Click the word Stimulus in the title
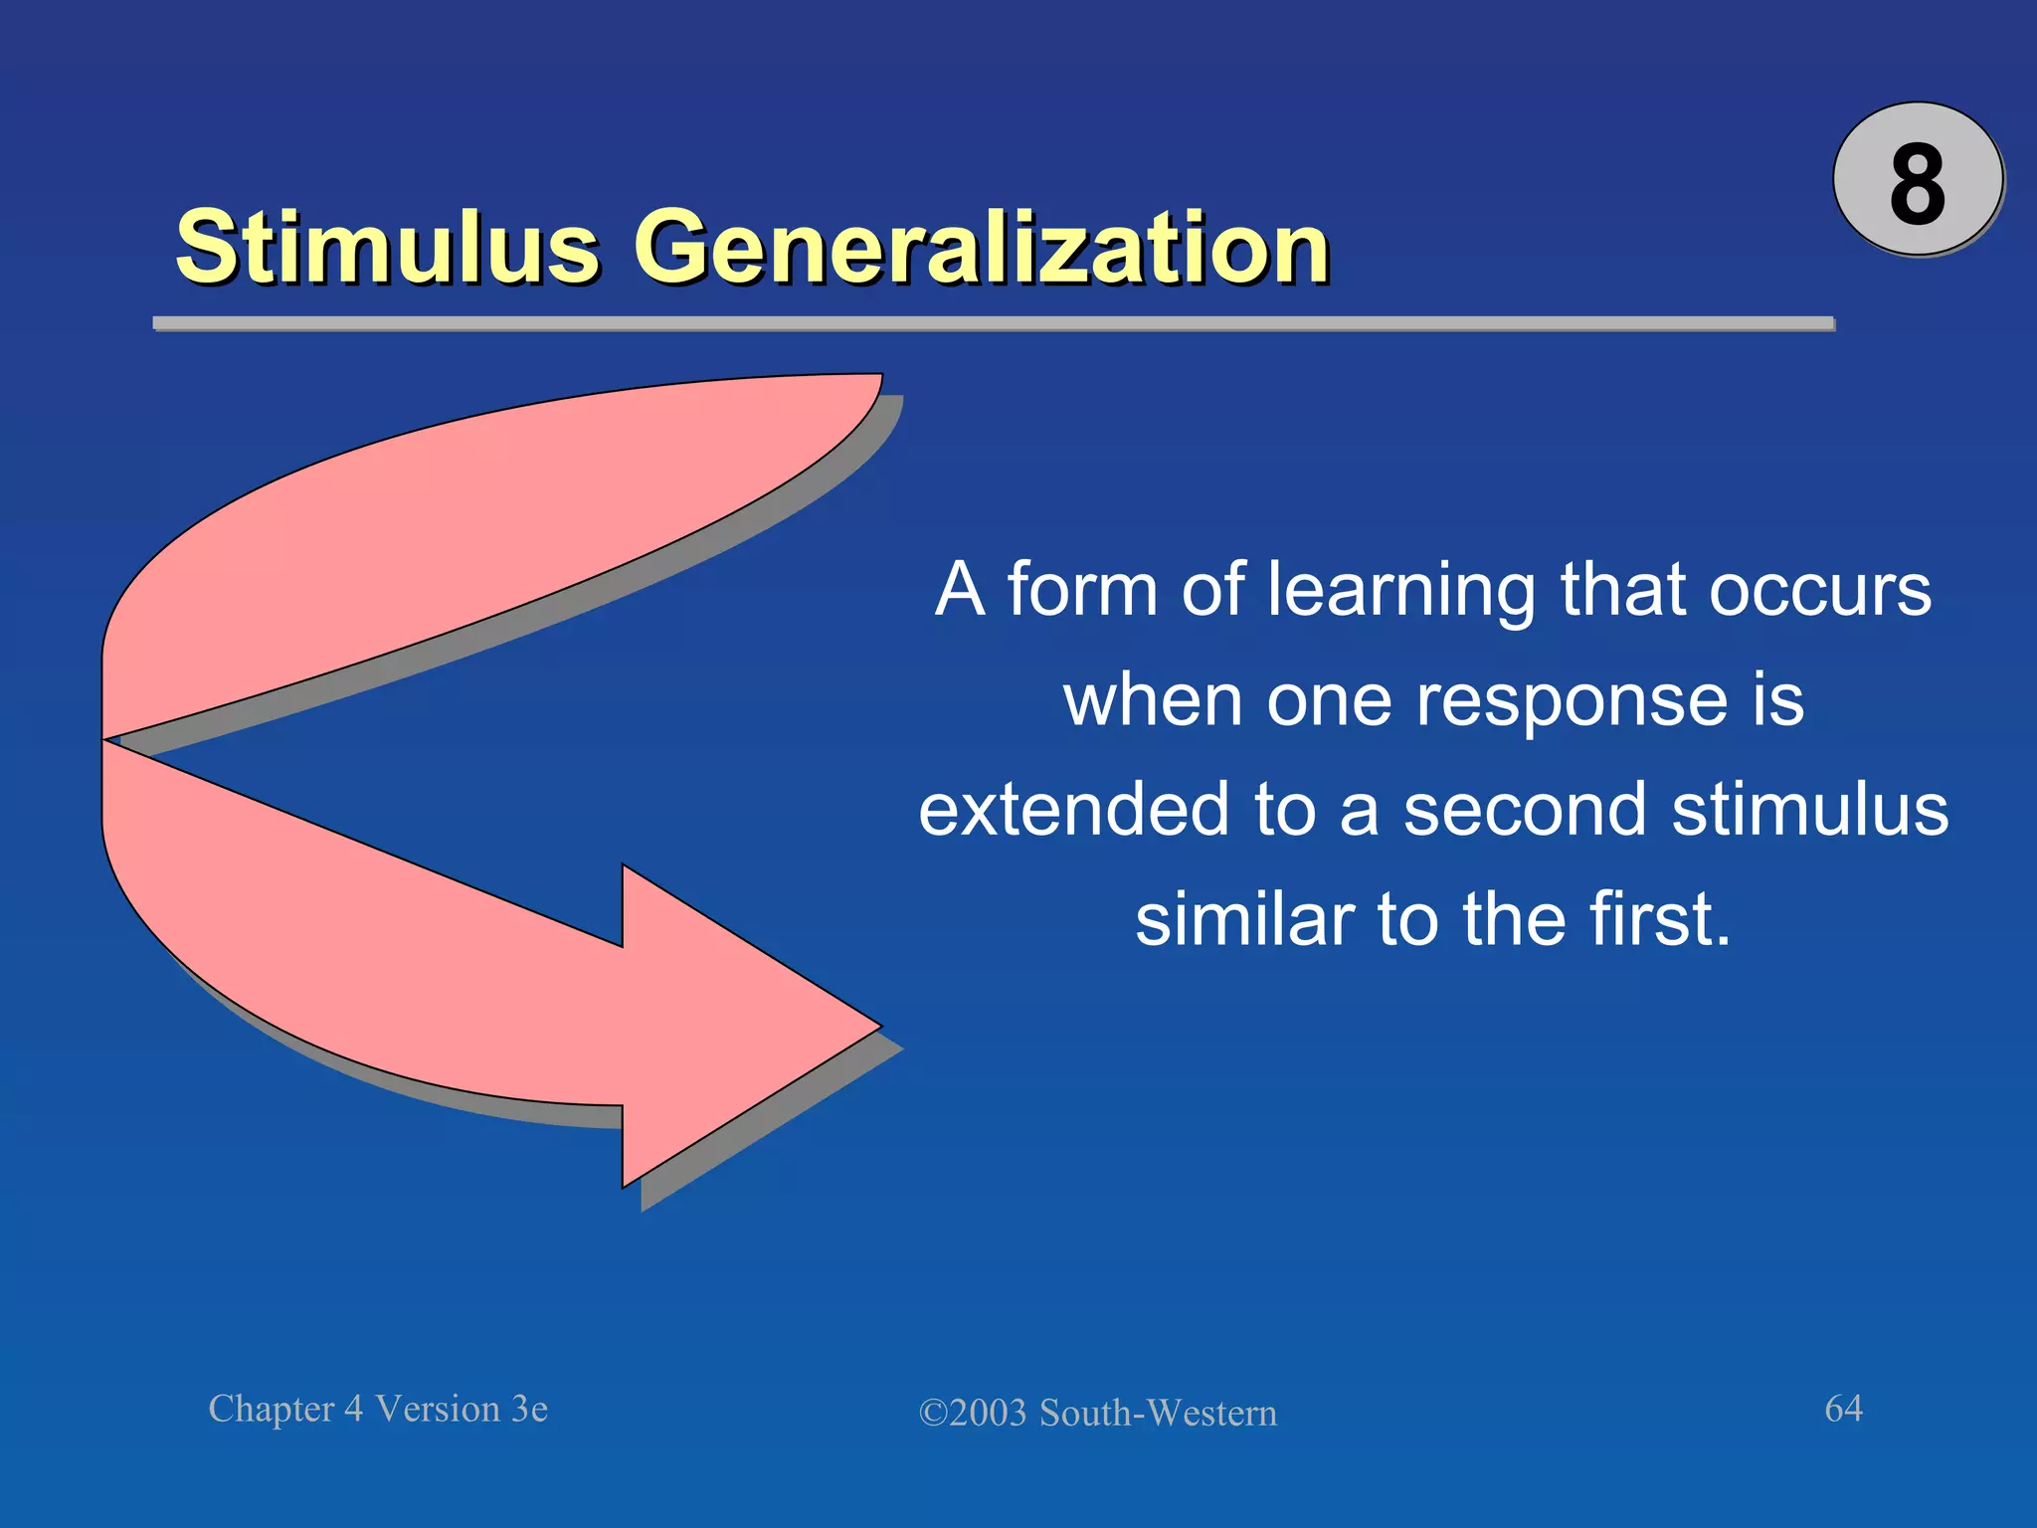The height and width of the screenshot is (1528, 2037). point(388,246)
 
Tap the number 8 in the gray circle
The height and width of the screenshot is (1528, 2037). point(1917,183)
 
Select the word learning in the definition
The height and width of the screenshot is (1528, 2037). point(1401,592)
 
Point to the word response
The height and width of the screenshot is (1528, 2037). point(1572,701)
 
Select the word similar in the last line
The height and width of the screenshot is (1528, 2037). point(1243,919)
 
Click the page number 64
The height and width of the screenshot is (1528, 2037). point(1843,1408)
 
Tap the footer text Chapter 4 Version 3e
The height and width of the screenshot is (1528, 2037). point(378,1409)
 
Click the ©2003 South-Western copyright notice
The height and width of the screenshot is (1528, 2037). point(1097,1413)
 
